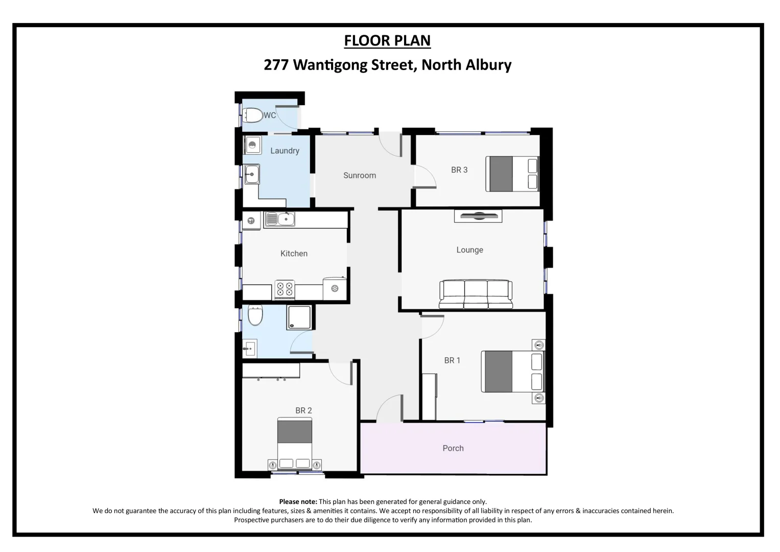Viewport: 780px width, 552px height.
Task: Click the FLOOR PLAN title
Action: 387,40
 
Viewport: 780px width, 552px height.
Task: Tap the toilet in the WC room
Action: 252,116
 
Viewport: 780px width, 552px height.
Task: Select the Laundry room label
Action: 285,151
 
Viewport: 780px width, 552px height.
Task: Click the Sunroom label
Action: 360,175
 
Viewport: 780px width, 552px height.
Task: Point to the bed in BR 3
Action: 512,174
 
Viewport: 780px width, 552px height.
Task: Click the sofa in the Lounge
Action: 476,294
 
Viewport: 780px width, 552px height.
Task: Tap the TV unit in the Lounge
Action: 478,216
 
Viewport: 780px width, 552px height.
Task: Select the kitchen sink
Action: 280,219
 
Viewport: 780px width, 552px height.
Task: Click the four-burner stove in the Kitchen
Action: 285,289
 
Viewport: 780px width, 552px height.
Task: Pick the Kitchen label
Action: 294,254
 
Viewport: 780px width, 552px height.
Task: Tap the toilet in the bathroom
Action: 255,315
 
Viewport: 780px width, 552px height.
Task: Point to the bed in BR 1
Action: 512,371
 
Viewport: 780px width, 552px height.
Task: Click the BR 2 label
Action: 303,410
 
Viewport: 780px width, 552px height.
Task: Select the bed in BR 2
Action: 295,443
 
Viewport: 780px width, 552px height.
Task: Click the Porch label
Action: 453,448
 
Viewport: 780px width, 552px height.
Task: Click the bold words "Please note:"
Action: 298,502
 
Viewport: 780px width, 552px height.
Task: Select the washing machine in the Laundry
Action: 252,145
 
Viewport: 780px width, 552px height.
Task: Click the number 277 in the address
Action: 276,65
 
